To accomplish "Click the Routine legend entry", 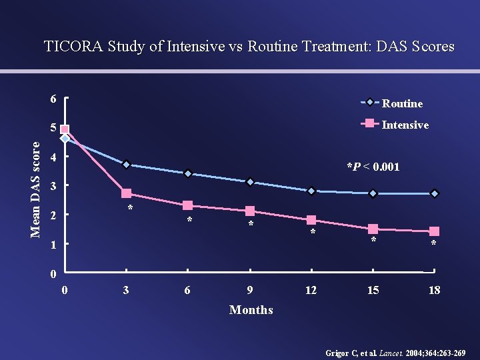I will [402, 103].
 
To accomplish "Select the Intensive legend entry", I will [405, 125].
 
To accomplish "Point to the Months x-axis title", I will [251, 309].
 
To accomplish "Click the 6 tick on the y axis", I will [53, 99].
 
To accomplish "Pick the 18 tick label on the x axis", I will [434, 290].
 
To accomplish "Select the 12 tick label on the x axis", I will [311, 290].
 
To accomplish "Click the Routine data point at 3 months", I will [126, 165].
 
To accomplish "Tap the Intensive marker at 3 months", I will [126, 193].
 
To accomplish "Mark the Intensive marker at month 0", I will [65, 130].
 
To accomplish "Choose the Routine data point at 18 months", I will [434, 193].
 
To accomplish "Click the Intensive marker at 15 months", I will [373, 229].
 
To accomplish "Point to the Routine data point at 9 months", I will [249, 182].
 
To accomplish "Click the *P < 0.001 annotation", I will [373, 167].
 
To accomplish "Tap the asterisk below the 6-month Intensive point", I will [189, 221].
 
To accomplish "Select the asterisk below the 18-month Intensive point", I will [433, 245].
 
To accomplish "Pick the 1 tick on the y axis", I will [53, 245].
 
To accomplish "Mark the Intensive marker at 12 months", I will [311, 220].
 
